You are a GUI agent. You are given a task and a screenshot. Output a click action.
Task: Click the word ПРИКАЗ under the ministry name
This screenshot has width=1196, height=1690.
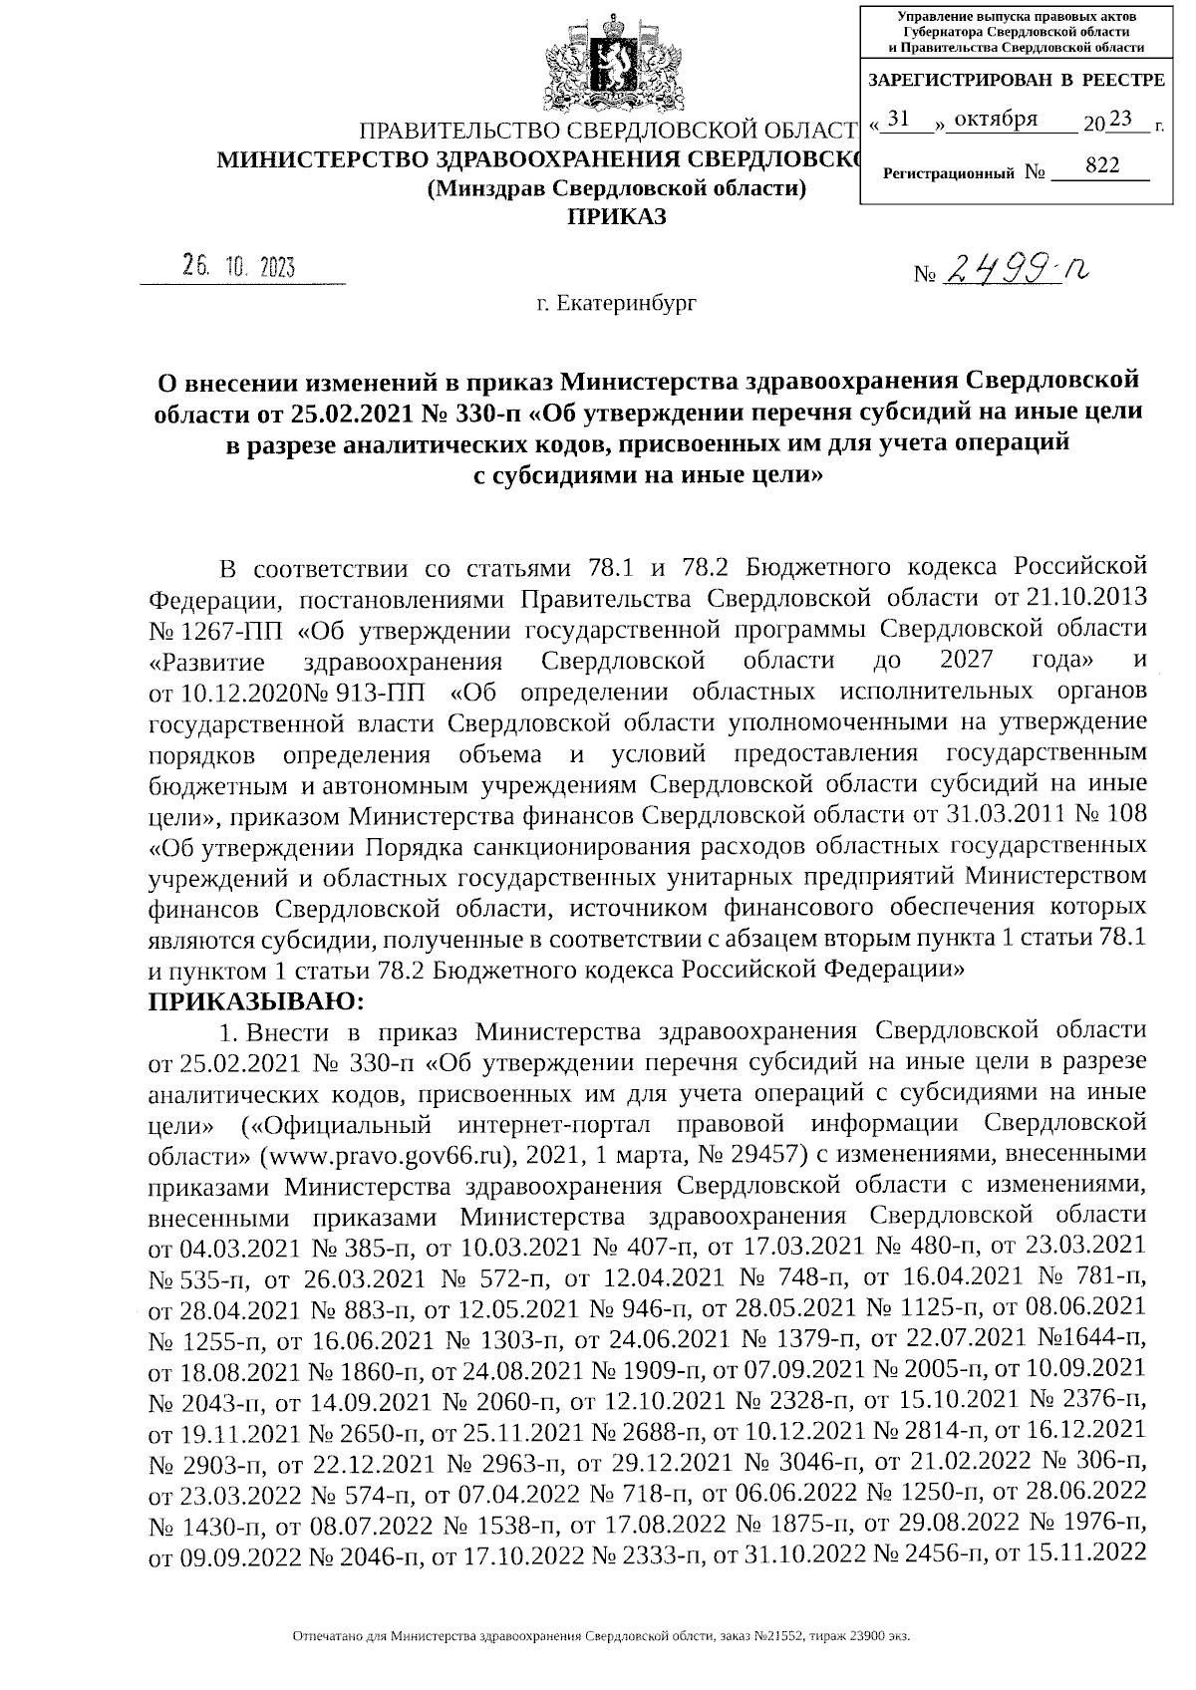tap(615, 216)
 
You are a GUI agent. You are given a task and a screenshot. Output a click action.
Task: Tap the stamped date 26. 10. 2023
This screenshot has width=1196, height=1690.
tap(240, 267)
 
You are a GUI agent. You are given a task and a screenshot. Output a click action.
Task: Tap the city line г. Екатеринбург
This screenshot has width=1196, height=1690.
tap(616, 302)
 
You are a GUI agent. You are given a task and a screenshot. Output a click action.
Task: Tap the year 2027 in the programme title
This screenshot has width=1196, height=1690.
tap(967, 660)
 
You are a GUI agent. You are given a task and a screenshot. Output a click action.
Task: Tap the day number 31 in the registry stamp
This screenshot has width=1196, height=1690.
tap(899, 119)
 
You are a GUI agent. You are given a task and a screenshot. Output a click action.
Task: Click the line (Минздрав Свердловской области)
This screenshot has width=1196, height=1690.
tap(615, 188)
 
